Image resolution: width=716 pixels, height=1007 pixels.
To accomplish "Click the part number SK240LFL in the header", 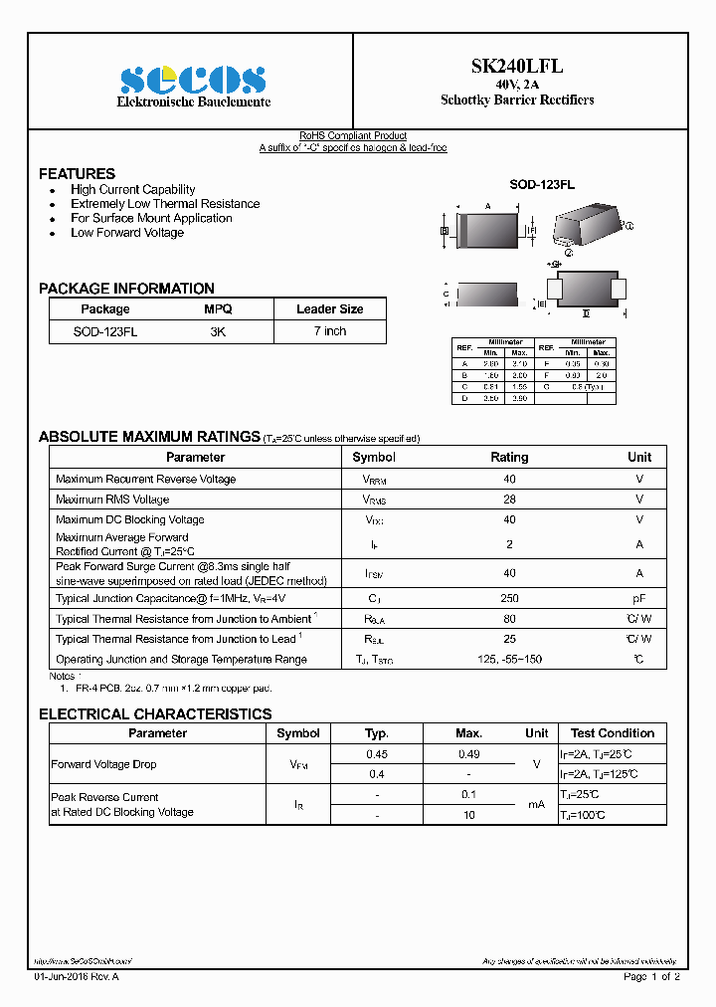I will tap(517, 66).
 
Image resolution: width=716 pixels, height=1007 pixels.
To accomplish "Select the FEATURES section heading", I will tap(77, 173).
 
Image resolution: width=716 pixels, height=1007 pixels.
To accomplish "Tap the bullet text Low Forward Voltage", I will tap(127, 233).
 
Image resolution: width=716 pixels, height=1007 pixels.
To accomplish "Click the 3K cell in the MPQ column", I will tap(218, 331).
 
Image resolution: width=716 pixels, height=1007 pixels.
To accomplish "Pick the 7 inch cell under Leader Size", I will tap(329, 331).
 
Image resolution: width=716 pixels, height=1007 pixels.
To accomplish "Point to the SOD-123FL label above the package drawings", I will tap(542, 185).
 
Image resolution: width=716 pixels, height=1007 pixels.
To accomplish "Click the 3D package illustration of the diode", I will tap(586, 227).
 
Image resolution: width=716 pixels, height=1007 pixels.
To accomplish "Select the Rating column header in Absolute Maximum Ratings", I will tap(509, 458).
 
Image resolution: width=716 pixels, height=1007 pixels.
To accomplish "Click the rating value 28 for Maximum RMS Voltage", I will tap(509, 500).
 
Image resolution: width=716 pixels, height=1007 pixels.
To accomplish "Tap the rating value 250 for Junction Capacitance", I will tap(509, 599).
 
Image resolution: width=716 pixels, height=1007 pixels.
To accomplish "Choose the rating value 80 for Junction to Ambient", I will tap(509, 619).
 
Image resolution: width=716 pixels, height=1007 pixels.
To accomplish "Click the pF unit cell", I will tap(639, 599).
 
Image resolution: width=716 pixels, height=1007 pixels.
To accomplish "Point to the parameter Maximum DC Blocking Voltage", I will tap(130, 519).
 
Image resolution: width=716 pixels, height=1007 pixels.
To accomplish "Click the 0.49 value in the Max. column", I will tap(468, 755).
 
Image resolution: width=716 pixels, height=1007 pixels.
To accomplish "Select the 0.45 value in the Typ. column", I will tap(377, 755).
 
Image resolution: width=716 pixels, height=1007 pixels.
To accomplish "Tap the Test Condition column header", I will tap(613, 733).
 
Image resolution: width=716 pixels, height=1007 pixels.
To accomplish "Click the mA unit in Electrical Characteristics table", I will tap(537, 804).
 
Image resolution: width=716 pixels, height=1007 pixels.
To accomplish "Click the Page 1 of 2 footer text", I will tap(651, 977).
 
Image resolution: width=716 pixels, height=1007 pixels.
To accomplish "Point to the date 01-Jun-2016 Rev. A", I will tap(77, 977).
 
